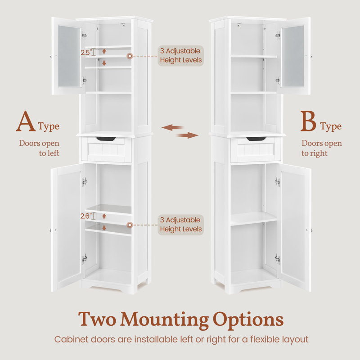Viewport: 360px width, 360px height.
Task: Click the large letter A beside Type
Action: [26, 121]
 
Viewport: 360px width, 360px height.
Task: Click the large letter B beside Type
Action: [308, 121]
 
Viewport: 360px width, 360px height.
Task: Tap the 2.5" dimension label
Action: [86, 52]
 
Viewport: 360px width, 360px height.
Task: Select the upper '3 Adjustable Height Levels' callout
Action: [181, 55]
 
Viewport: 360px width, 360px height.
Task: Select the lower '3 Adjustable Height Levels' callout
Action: [181, 225]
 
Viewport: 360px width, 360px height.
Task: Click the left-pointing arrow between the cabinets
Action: [172, 127]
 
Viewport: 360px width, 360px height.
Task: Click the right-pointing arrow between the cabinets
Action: [188, 135]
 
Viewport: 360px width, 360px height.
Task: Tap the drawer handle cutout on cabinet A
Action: [106, 139]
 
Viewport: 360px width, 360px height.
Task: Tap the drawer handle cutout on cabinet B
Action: [256, 139]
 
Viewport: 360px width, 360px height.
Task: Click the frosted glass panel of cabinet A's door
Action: [69, 56]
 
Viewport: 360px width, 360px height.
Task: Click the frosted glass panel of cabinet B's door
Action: [293, 56]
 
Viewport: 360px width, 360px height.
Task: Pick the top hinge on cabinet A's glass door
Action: [84, 36]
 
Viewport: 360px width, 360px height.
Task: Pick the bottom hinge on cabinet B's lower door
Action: [277, 259]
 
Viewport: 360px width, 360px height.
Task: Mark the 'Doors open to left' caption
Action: [39, 148]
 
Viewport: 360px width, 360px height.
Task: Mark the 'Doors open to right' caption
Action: [322, 148]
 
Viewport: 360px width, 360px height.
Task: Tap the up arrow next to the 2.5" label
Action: [104, 51]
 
